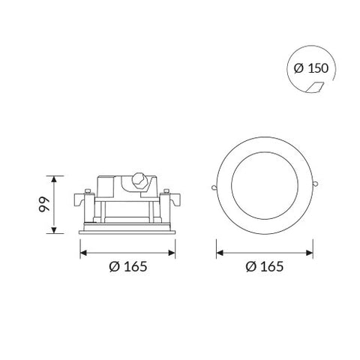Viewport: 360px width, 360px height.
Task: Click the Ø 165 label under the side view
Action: pos(127,266)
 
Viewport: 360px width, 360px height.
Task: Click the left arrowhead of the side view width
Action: pos(82,250)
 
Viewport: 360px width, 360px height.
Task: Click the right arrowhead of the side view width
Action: pos(173,250)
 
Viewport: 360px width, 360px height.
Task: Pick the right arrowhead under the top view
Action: pos(311,250)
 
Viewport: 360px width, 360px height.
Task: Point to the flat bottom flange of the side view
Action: pos(127,231)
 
